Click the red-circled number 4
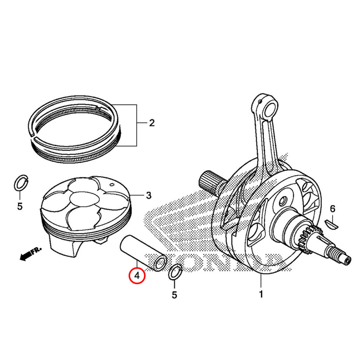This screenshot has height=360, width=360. point(137,276)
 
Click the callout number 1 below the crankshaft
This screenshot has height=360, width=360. point(261,294)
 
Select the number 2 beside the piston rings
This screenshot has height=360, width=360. point(152,123)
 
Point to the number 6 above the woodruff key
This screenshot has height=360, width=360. point(332,209)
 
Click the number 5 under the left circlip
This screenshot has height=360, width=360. point(20,206)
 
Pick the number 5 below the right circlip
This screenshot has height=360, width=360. point(175,295)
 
